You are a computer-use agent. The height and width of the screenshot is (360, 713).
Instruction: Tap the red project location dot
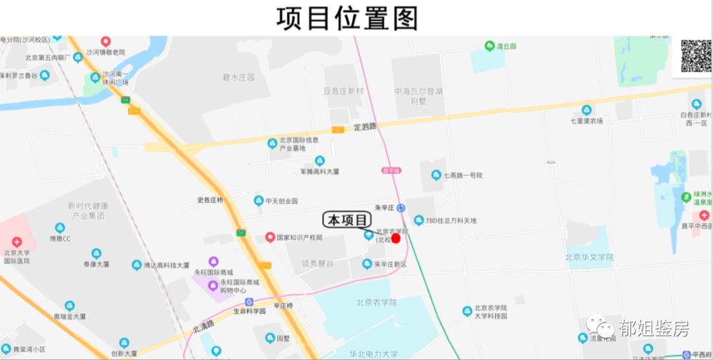tap(396, 238)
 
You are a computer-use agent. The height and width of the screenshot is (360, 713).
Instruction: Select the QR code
tap(696, 55)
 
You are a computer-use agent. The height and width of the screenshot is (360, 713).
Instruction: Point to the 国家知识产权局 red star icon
tap(269, 237)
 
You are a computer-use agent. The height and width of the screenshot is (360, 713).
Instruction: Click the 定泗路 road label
tap(364, 126)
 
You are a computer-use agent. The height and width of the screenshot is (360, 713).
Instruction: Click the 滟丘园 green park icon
tap(489, 46)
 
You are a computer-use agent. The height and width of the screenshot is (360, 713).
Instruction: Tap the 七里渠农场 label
tap(586, 121)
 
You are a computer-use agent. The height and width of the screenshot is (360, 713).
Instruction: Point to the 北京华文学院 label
tap(590, 258)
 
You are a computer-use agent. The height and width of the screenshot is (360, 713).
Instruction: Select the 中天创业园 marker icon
tap(259, 201)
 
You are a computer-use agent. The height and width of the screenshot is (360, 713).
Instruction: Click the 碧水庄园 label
tap(238, 77)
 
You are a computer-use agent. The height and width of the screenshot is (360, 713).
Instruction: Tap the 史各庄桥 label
tap(210, 200)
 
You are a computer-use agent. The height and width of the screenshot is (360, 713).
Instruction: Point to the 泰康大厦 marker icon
tap(96, 254)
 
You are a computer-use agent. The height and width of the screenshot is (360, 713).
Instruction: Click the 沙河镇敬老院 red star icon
tap(106, 42)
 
